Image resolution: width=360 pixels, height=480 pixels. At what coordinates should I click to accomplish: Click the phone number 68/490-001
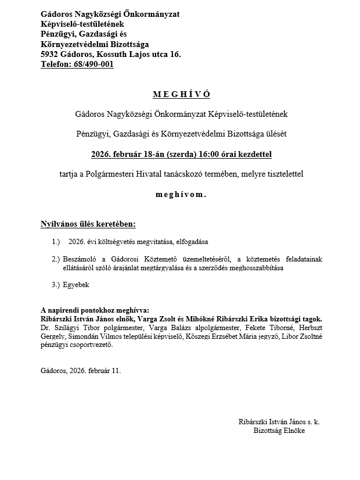coord(94,65)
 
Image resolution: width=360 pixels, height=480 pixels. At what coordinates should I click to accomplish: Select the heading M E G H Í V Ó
coord(181,94)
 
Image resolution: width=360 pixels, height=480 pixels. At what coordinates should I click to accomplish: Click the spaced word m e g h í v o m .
coord(181,195)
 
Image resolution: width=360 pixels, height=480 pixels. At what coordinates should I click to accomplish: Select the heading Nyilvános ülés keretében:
coord(88,224)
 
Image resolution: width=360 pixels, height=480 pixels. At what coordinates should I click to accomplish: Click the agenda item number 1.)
coord(56,241)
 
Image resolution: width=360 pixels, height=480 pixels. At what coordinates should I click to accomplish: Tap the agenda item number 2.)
coord(56,259)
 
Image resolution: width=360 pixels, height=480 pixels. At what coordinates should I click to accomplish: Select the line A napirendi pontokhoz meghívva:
coord(95,311)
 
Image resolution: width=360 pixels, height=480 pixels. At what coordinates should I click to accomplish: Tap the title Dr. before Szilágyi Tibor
coord(46,328)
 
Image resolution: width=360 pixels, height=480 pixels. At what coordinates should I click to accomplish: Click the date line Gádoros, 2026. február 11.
coord(81,370)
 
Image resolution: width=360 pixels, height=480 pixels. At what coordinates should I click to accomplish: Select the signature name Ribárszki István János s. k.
coord(279,422)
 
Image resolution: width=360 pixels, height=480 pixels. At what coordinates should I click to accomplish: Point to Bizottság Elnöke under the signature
coord(279,431)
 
